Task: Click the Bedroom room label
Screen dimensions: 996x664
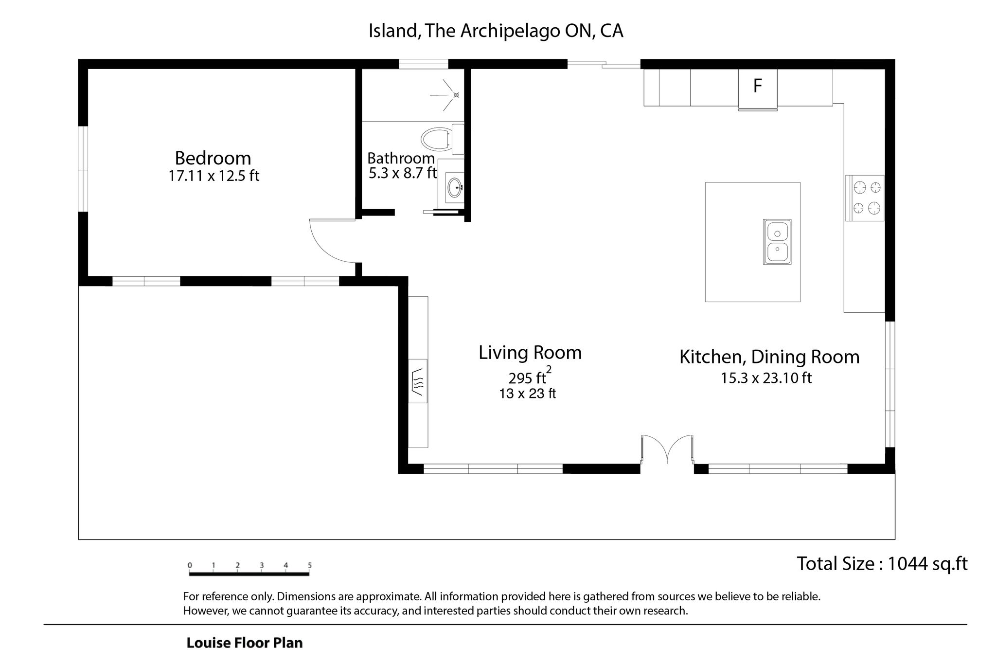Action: (x=213, y=158)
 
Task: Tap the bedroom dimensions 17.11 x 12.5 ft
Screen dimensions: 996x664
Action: (x=213, y=176)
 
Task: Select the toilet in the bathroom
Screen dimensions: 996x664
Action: (x=442, y=139)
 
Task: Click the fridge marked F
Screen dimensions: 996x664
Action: (x=757, y=89)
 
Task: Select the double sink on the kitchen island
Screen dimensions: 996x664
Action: (x=777, y=242)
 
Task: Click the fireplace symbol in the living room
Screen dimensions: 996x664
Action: (x=418, y=381)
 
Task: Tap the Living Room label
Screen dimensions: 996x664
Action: (x=530, y=353)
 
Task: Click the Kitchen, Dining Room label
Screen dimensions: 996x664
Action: (x=769, y=357)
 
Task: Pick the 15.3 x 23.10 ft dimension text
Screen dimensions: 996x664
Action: (x=766, y=378)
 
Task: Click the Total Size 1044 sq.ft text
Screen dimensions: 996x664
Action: (x=882, y=564)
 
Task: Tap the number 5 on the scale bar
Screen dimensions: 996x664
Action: (x=310, y=565)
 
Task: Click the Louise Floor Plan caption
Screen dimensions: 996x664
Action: (x=245, y=643)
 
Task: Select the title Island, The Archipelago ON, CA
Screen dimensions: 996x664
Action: (x=496, y=31)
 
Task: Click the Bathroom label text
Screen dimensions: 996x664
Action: (x=401, y=158)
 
